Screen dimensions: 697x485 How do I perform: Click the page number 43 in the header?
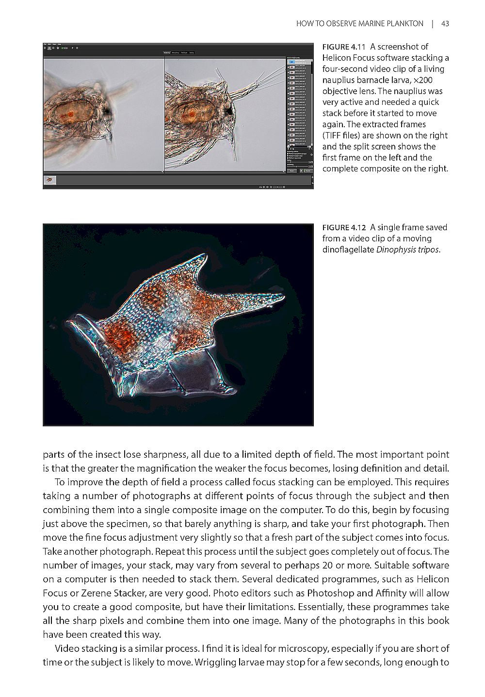(445, 23)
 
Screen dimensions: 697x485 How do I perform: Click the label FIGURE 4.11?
(343, 47)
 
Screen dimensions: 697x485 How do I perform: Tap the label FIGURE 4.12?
(343, 227)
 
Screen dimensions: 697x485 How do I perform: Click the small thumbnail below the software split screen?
(50, 180)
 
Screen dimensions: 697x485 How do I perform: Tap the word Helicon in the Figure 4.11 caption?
(336, 58)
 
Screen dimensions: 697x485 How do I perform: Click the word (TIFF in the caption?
(333, 136)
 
